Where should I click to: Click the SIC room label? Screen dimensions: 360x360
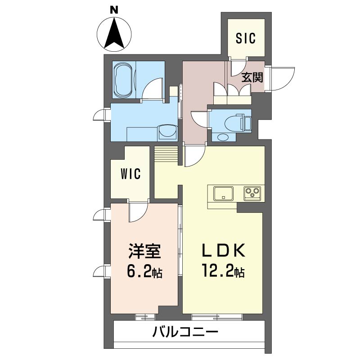(245, 38)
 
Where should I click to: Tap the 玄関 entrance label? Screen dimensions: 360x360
(252, 77)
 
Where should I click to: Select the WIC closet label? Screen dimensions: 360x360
(130, 174)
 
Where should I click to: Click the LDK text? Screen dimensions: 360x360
(224, 251)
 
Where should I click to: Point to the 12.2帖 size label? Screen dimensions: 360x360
(223, 271)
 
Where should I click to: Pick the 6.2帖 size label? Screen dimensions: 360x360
(144, 272)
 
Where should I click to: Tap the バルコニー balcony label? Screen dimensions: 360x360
(185, 332)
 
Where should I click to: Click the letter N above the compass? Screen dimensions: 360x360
(114, 10)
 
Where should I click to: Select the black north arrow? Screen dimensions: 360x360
(114, 32)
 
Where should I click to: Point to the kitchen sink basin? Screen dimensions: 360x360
(223, 193)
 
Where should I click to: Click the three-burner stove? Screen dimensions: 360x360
(252, 193)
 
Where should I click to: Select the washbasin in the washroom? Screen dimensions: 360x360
(168, 133)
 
